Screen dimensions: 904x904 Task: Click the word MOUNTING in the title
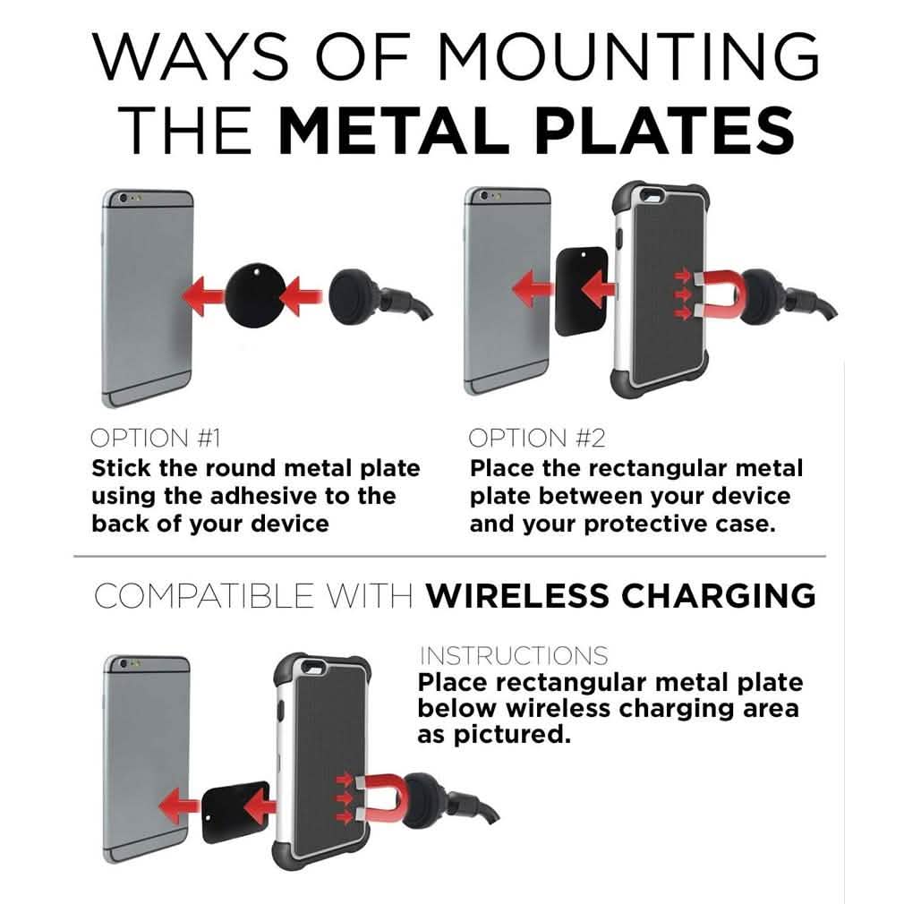click(627, 55)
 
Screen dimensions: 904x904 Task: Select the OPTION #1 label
click(156, 439)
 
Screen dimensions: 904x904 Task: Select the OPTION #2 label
click(537, 439)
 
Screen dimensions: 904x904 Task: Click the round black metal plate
click(254, 295)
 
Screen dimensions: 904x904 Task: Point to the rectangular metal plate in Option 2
click(581, 291)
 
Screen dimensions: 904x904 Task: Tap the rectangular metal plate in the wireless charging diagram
click(236, 812)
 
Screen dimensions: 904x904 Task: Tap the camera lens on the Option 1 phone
click(123, 198)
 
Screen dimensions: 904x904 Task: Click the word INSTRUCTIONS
click(514, 656)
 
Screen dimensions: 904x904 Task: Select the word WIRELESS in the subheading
click(517, 595)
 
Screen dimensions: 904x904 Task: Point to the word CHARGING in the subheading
click(719, 595)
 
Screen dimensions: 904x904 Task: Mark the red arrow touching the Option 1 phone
click(203, 296)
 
